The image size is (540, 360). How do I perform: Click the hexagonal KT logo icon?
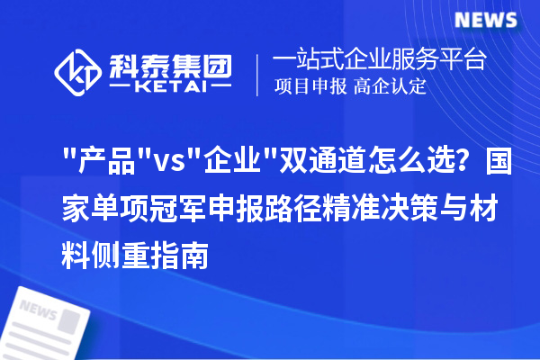click(77, 73)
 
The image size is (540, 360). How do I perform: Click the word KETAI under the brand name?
click(171, 88)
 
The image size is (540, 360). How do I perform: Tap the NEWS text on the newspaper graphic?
click(39, 310)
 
